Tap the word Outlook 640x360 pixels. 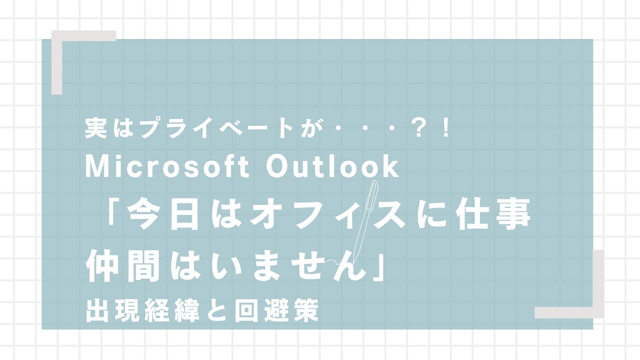[332, 167]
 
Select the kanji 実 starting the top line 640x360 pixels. [96, 128]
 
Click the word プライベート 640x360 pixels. [217, 128]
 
